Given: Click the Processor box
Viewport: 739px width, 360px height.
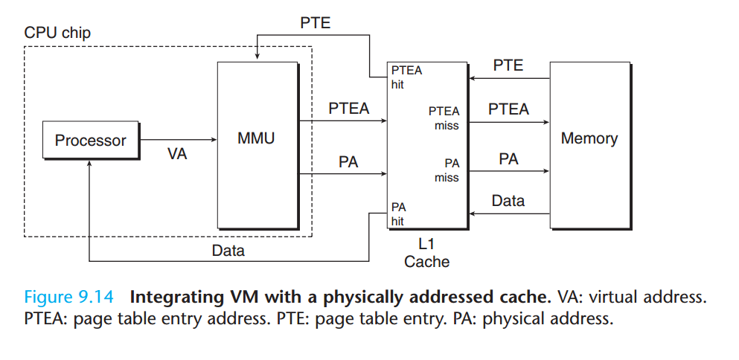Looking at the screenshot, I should tap(91, 140).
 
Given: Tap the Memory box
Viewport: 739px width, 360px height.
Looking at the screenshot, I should tap(589, 138).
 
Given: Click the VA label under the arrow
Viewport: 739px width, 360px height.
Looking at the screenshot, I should tap(177, 155).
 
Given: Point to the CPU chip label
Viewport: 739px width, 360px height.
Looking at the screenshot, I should tap(58, 33).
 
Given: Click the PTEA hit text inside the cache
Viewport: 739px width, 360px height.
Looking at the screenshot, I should tap(406, 77).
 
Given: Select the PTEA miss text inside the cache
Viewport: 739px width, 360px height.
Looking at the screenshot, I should tap(444, 118).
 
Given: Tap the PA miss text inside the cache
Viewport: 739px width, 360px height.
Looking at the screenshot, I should tap(447, 170).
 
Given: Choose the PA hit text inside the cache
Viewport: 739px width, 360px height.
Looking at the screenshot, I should tap(398, 214).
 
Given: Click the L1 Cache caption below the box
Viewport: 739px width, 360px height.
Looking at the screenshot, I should tap(427, 253).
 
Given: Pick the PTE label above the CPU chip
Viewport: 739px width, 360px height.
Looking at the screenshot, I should tap(316, 22).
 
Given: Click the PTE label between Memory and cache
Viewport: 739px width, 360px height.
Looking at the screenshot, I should tap(508, 65).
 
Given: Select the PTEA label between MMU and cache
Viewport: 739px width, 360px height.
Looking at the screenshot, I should tap(349, 109).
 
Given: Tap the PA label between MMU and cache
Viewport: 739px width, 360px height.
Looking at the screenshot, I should tap(348, 161).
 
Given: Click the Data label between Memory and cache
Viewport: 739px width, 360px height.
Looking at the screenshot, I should tap(508, 201).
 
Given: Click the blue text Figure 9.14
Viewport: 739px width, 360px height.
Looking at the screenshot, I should tap(69, 298).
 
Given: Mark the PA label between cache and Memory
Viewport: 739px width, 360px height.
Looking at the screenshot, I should tap(508, 159).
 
